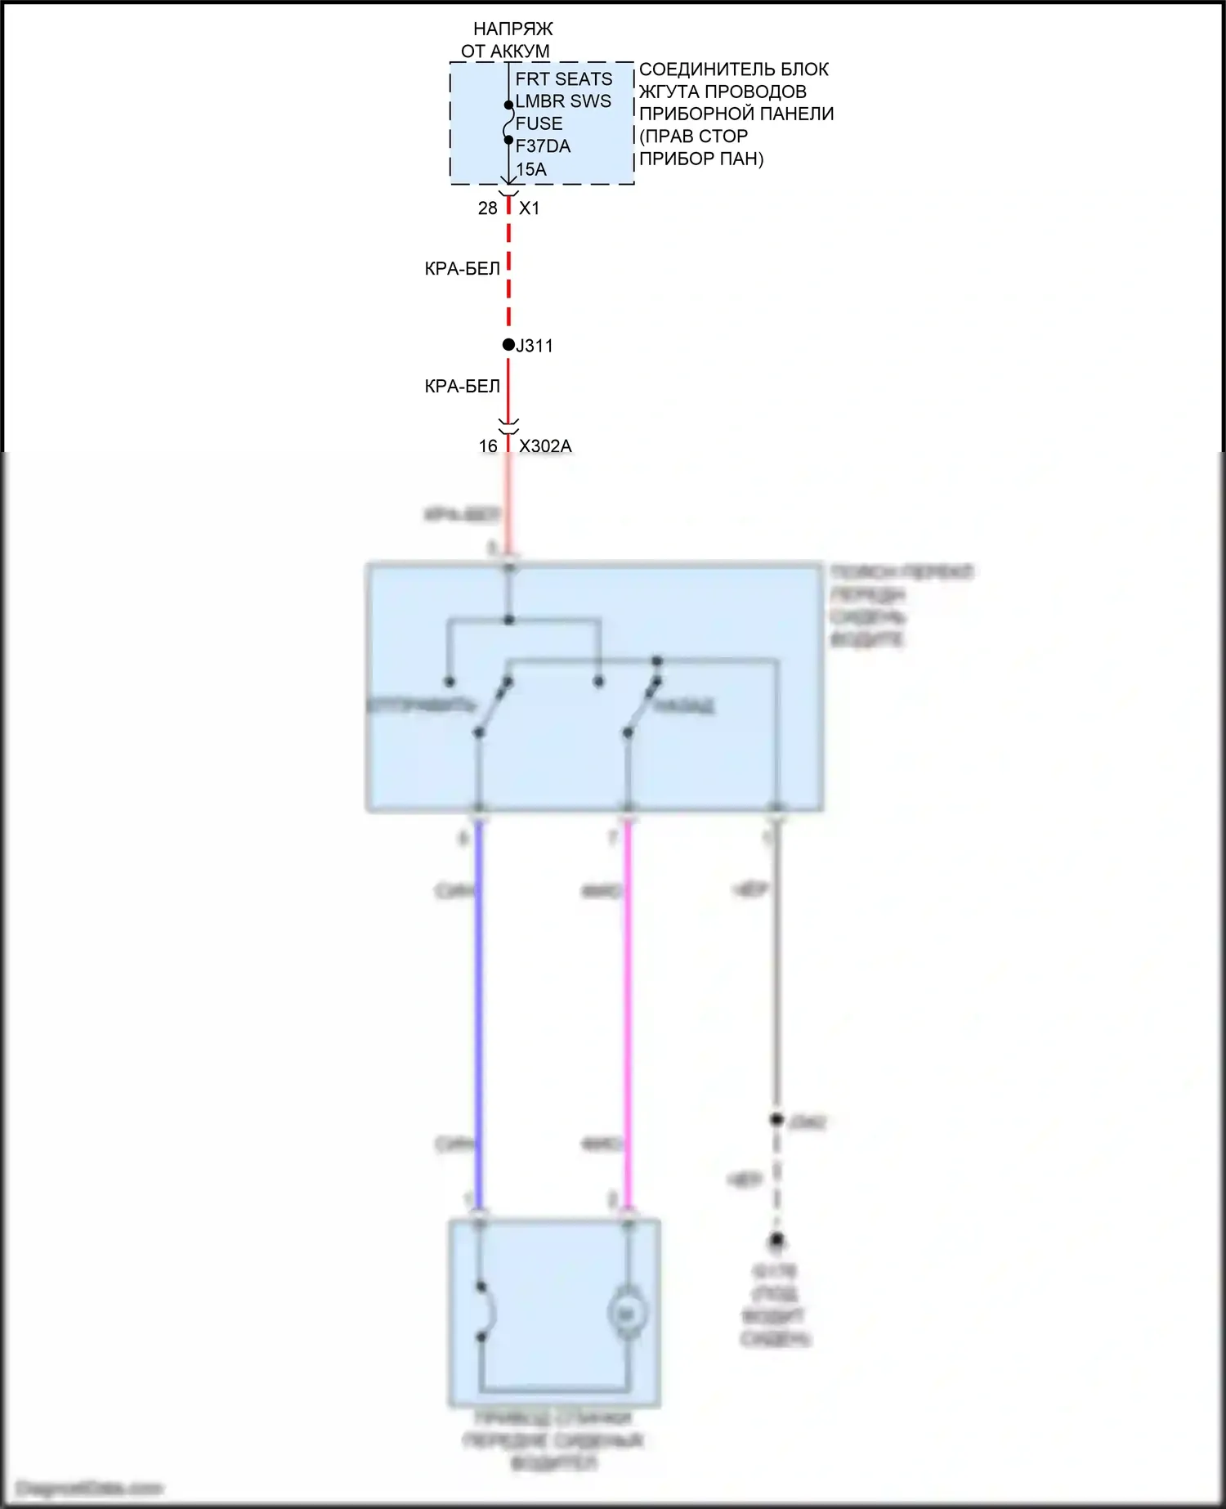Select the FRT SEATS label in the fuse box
pos(563,79)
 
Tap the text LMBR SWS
pos(563,101)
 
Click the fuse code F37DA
pos(543,146)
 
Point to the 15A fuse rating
pos(530,169)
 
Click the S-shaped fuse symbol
pos(508,123)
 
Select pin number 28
pos(487,208)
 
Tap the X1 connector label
pos(530,208)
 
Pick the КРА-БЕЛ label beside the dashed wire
pos(462,268)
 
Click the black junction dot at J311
pos(508,345)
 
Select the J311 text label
pos(535,346)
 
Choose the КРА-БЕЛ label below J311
pos(462,386)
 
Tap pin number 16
pos(488,446)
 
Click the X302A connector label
pos(545,446)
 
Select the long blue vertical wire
pos(479,1014)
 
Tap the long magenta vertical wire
pos(628,1014)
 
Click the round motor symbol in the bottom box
pos(627,1314)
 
